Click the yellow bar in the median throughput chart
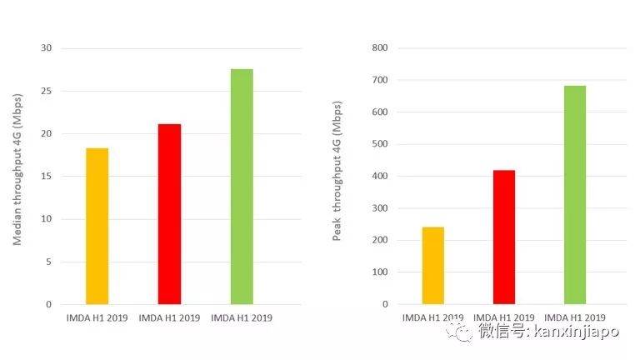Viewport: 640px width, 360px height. coord(97,226)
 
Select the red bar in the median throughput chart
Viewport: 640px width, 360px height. coord(169,214)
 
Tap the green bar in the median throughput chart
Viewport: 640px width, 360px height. coord(242,187)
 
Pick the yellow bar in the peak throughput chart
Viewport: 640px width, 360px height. coord(433,265)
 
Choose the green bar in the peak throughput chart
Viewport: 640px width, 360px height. coord(575,195)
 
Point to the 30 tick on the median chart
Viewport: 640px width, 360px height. coord(46,48)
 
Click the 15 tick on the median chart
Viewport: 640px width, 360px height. coord(46,176)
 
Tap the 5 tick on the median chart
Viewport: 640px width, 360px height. coord(48,262)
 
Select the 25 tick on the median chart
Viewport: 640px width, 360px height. coord(46,91)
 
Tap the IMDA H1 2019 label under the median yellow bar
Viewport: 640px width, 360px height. coord(97,317)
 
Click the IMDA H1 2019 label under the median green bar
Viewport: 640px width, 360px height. coord(242,317)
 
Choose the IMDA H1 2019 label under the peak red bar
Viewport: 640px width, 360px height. coord(504,317)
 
